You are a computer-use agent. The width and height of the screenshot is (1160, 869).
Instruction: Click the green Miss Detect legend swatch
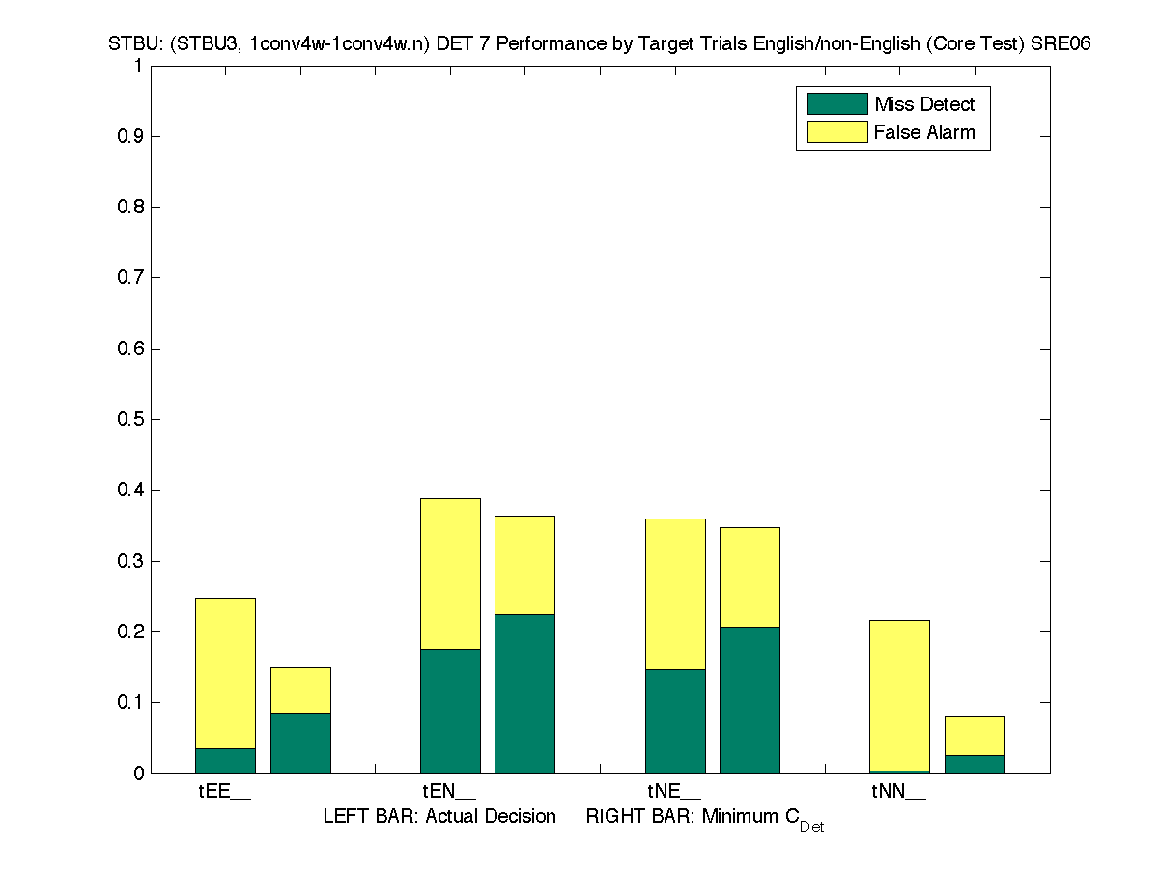(x=837, y=103)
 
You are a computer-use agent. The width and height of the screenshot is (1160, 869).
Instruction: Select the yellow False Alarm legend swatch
(x=837, y=131)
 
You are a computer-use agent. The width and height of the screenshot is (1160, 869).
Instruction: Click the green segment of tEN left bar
(x=450, y=711)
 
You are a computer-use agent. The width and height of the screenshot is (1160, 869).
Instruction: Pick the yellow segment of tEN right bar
(x=524, y=565)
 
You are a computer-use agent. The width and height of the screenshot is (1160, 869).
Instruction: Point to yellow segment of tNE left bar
(x=675, y=594)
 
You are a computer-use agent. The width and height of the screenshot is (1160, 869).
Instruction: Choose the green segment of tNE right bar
(x=750, y=700)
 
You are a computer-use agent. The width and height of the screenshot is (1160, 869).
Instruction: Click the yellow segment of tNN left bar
(x=899, y=695)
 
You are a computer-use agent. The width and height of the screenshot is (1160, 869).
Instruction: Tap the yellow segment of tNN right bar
(x=975, y=736)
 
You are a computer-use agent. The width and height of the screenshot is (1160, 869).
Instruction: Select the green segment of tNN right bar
(x=975, y=764)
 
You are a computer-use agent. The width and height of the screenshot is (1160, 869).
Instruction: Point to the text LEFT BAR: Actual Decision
(x=439, y=817)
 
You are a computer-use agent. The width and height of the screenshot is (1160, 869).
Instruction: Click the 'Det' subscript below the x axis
(x=811, y=827)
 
